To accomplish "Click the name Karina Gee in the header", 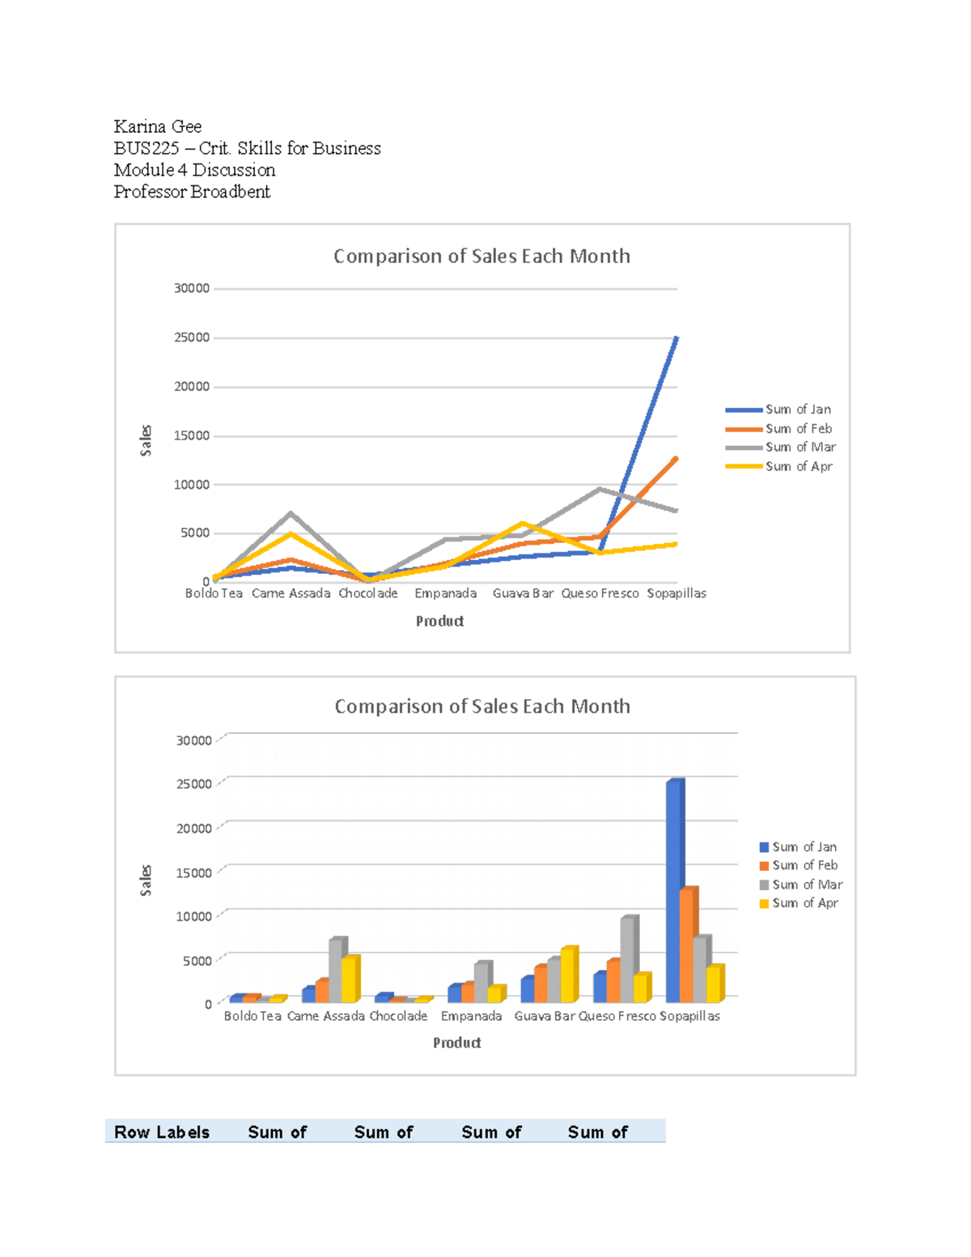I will click(x=157, y=126).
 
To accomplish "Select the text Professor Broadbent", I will click(x=192, y=192).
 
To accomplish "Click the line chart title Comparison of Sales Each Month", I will click(x=481, y=257).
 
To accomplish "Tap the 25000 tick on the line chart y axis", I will click(x=192, y=338).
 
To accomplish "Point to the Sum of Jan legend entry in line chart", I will click(x=797, y=410).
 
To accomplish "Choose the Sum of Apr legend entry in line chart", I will click(x=798, y=466).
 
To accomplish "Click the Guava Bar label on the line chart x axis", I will click(x=523, y=593).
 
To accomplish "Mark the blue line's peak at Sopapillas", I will click(x=676, y=338).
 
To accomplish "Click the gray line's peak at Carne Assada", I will click(x=290, y=514).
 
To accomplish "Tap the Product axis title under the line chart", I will click(x=439, y=621).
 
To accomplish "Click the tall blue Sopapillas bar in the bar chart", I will click(x=675, y=890).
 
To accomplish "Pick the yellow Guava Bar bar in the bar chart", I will click(x=568, y=975).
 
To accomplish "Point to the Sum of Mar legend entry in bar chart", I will click(x=806, y=885).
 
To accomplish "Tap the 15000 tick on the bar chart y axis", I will click(x=194, y=873).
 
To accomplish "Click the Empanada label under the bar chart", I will click(x=471, y=1016).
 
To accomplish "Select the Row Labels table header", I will click(x=162, y=1132).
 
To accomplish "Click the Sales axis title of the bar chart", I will click(x=146, y=880).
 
